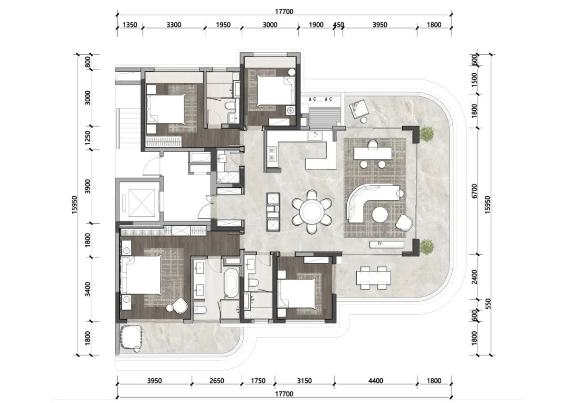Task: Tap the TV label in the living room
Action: click(379, 244)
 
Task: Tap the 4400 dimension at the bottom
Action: click(376, 381)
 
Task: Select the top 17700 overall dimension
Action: click(284, 11)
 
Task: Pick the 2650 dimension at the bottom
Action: click(217, 381)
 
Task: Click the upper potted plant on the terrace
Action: click(427, 133)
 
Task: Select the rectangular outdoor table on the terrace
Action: click(374, 278)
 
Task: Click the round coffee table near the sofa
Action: click(381, 214)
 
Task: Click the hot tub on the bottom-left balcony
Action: click(131, 338)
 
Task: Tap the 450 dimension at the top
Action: click(338, 25)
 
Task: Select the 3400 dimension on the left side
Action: click(88, 289)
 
